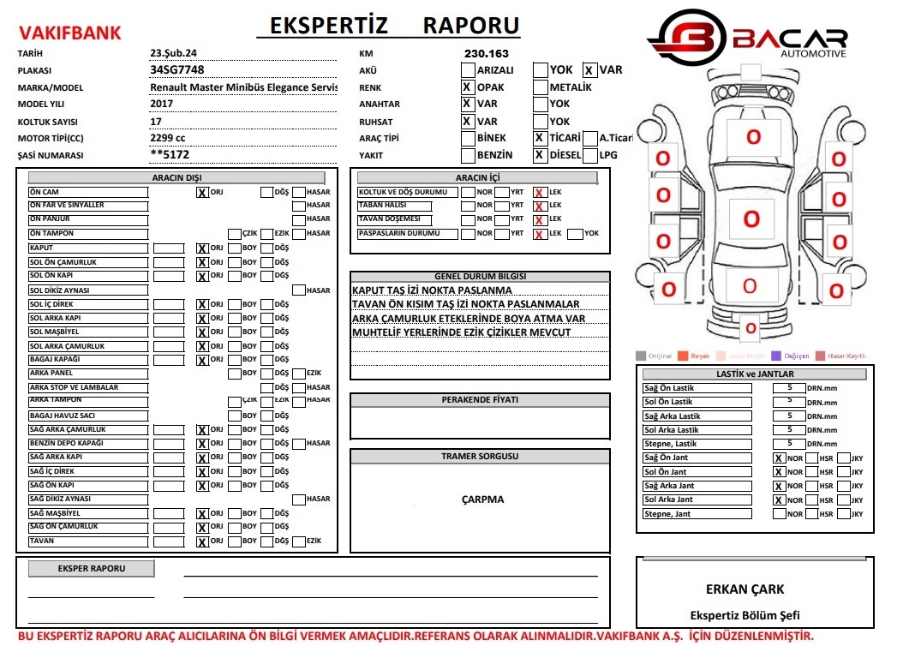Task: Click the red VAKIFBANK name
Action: (x=70, y=33)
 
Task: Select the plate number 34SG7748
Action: (x=177, y=70)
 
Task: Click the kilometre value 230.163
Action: (x=486, y=53)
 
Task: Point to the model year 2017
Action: (x=161, y=104)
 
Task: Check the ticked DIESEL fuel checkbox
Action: (x=540, y=155)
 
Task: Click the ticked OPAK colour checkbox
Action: (x=467, y=87)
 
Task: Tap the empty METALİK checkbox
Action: (x=540, y=87)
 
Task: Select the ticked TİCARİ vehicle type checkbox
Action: (x=540, y=138)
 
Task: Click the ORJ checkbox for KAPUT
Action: (x=202, y=248)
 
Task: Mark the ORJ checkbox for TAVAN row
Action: (x=202, y=541)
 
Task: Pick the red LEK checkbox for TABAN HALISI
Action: (x=540, y=206)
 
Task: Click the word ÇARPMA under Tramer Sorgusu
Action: (x=482, y=499)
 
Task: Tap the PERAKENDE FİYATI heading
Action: (x=480, y=400)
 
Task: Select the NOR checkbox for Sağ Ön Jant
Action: (x=779, y=458)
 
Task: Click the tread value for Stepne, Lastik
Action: (x=789, y=443)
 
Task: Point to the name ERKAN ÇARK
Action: (x=745, y=589)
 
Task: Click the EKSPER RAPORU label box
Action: (x=92, y=569)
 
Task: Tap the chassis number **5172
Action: (x=170, y=155)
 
